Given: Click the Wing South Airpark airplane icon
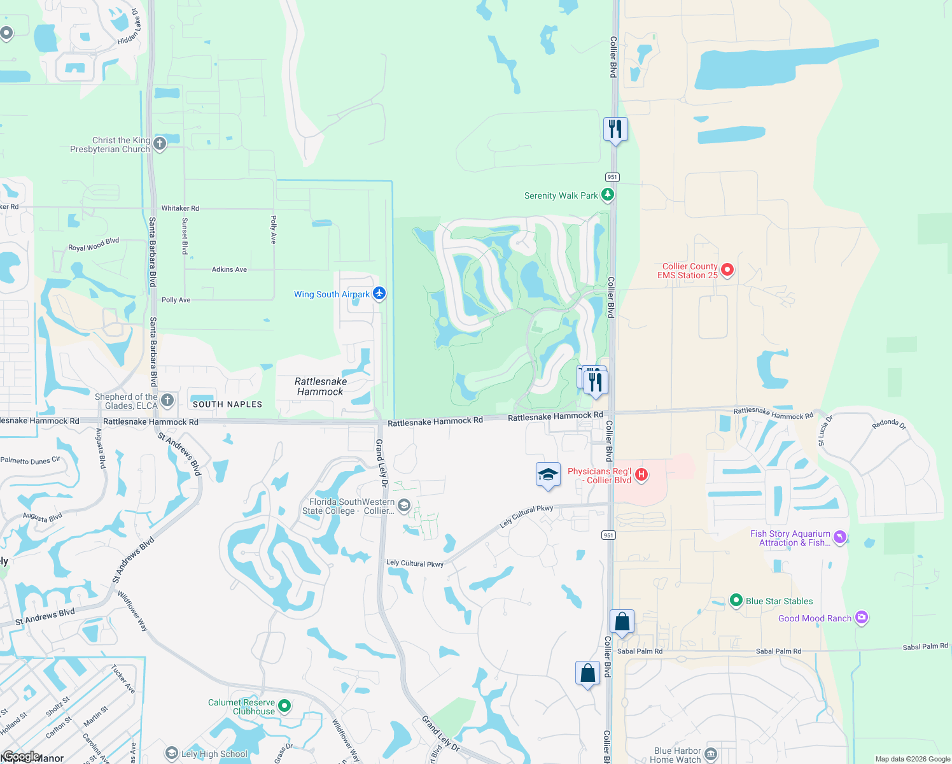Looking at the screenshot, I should pos(379,294).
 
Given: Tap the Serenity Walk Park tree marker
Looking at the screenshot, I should pos(608,195).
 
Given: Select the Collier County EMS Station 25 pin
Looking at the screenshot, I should pos(727,271).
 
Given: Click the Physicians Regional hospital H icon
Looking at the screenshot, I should pos(641,474).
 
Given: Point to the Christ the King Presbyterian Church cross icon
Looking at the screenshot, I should pos(160,144).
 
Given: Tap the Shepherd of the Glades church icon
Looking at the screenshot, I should pos(167,400).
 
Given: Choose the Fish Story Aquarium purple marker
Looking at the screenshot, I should pos(840,538).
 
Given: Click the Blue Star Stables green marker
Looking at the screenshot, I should pos(736,600).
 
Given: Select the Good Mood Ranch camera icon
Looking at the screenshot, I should pos(862,618).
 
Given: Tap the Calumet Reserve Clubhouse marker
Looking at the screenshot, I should pos(285,705).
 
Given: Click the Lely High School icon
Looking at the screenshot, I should pos(171,754).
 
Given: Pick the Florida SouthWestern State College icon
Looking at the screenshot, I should pos(403,506).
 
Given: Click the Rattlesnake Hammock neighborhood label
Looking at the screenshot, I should pos(321,386).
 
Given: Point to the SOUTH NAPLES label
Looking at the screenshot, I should pos(227,404).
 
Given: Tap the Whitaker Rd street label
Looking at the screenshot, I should pos(180,208).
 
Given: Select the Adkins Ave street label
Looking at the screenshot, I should pos(229,269).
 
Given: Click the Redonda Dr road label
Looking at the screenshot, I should pos(889,424).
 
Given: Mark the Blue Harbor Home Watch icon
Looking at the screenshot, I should pos(711,755).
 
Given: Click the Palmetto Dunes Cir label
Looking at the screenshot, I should pos(31,460).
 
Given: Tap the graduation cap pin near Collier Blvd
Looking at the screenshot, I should pos(548,475).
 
